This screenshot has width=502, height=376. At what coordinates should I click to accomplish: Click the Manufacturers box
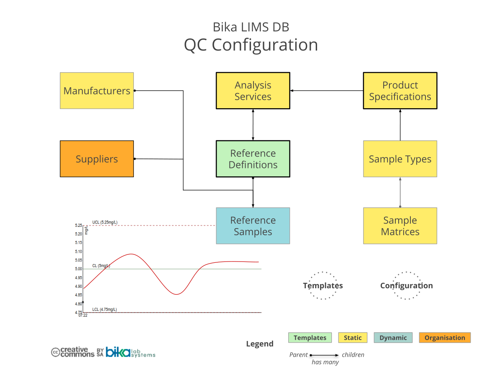click(97, 91)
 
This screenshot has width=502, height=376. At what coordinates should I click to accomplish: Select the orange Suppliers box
click(97, 159)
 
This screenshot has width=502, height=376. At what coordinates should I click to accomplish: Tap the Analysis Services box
click(253, 91)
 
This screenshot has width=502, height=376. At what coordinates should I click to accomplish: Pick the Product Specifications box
click(400, 91)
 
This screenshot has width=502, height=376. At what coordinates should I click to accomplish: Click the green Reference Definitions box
click(253, 159)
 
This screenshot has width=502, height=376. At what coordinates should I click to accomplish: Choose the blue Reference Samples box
click(253, 226)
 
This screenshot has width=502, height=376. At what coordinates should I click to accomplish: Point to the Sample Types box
click(400, 159)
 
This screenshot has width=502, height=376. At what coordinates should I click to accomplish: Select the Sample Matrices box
click(400, 226)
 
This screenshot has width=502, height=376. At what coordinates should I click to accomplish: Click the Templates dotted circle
click(323, 286)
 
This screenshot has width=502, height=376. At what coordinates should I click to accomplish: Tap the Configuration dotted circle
click(406, 286)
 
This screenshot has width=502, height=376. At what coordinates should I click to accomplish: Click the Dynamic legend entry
click(393, 338)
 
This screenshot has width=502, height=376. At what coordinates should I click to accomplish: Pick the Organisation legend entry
click(445, 338)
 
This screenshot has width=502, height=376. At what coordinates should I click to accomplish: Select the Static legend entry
click(353, 338)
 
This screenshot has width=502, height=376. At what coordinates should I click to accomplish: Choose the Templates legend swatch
click(310, 338)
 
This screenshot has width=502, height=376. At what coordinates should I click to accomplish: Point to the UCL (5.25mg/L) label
click(105, 222)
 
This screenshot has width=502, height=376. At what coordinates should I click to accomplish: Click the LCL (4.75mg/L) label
click(105, 310)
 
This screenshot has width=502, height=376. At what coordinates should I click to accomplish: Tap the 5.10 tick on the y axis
click(79, 252)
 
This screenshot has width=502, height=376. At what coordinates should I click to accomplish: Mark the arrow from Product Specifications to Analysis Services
click(326, 91)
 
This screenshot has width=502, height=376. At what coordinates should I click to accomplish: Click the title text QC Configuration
click(251, 45)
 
